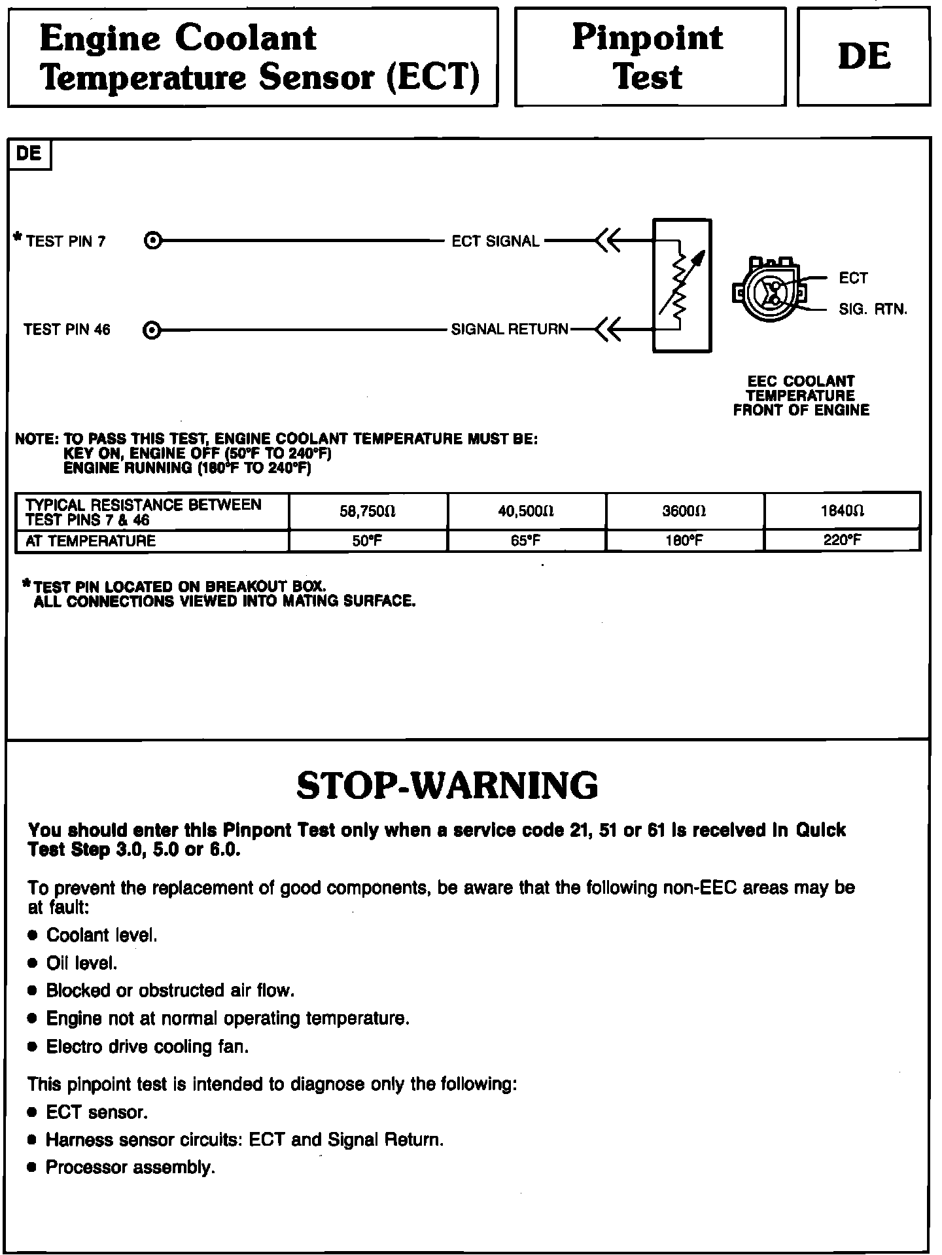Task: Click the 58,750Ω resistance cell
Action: [x=368, y=511]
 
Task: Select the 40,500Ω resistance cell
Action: [x=526, y=511]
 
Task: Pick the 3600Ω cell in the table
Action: [x=684, y=511]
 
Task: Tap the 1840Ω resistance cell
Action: [x=843, y=511]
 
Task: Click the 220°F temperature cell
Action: [x=843, y=540]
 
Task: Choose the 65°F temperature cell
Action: [x=526, y=540]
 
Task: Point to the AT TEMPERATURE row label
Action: [x=90, y=541]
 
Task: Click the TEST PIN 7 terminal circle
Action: [x=152, y=241]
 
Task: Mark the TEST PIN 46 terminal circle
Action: [x=152, y=330]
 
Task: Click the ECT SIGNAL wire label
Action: [x=495, y=241]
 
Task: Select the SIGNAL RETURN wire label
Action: [x=510, y=330]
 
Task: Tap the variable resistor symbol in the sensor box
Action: [x=682, y=286]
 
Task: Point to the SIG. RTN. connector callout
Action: [x=873, y=309]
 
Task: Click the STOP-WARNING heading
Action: [x=447, y=786]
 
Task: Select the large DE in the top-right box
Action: [x=863, y=56]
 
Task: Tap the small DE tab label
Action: [x=29, y=154]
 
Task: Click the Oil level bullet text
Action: [x=82, y=963]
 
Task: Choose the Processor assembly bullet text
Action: [x=130, y=1167]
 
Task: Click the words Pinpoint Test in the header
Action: [x=648, y=57]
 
